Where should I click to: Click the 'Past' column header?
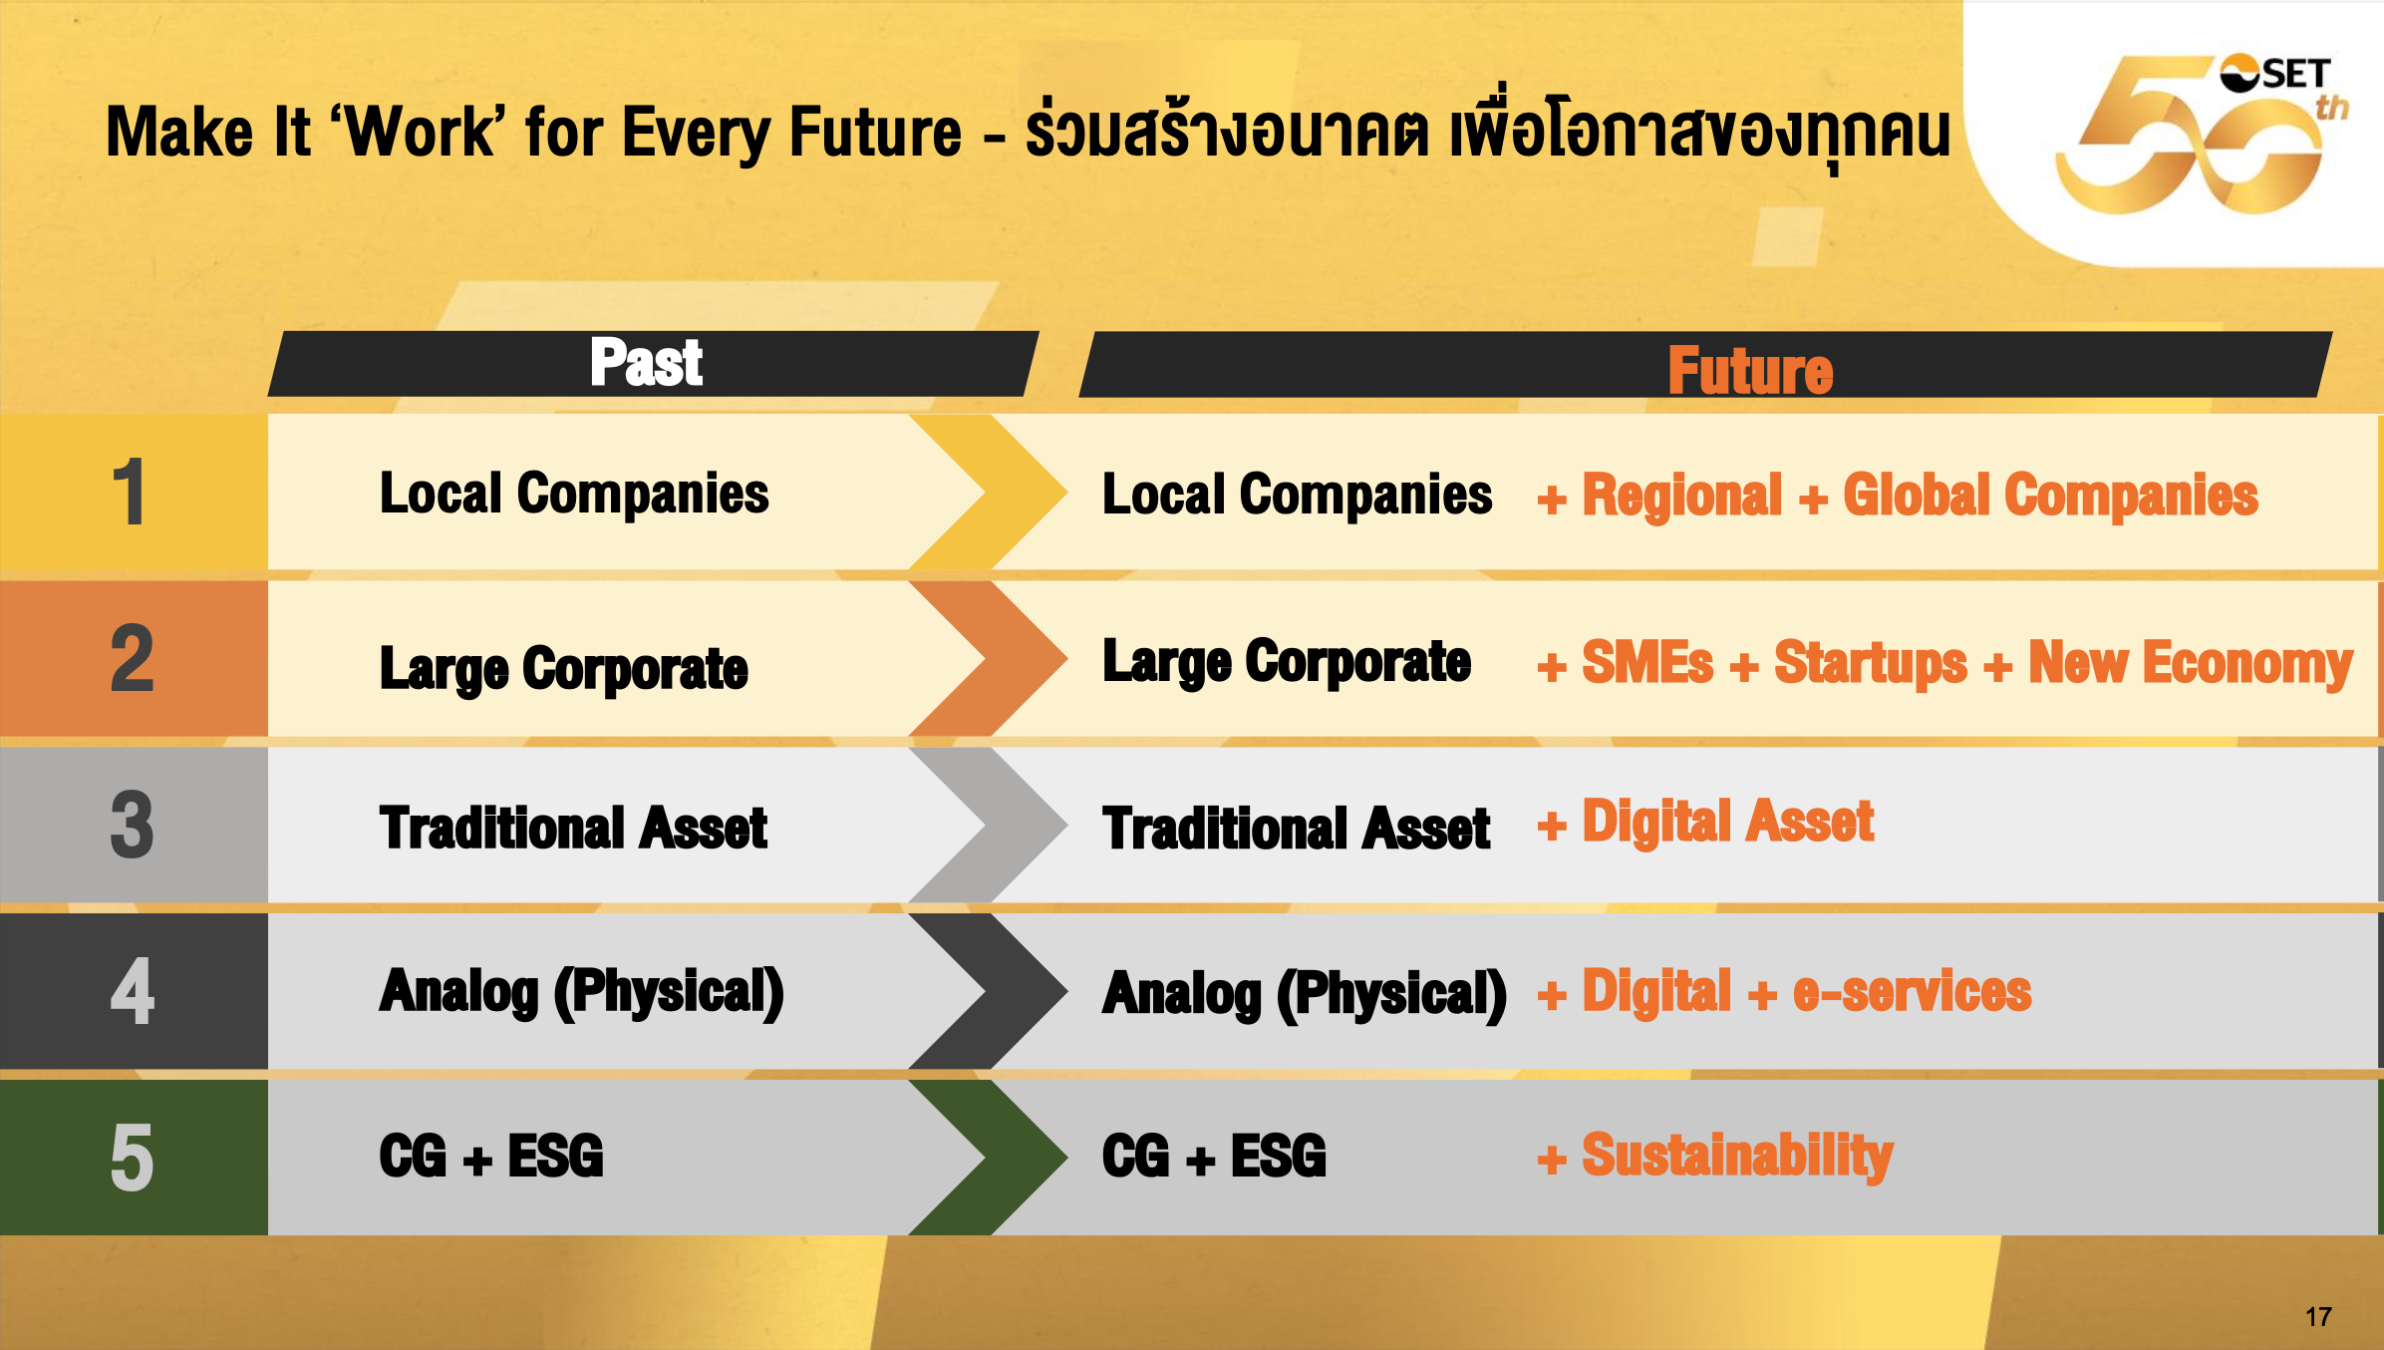646,362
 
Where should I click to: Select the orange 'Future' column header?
1750,370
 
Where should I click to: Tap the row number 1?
130,493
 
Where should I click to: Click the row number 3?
133,825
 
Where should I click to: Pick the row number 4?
133,991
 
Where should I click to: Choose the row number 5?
133,1158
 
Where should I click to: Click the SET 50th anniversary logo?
2203,134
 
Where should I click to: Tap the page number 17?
2318,1316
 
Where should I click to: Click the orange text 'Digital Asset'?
1728,822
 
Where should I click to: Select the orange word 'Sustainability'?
1737,1157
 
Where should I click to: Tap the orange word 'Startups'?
1871,663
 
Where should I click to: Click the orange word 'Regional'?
1682,496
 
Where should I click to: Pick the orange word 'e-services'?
1912,992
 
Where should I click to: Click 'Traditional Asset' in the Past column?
573,828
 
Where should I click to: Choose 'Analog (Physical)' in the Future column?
1305,994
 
